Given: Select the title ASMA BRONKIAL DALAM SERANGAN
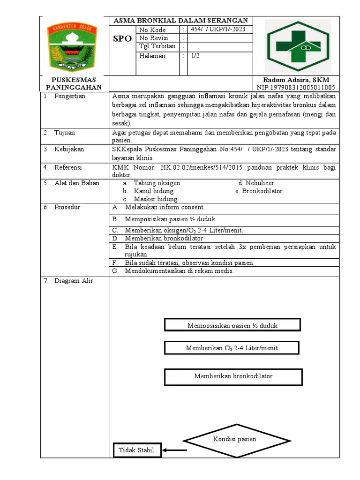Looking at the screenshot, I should [180, 21].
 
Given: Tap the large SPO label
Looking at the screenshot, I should [122, 39].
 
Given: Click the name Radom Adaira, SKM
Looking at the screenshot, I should [296, 80].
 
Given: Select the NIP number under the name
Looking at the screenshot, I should [296, 88].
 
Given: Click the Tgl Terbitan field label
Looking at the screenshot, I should [157, 46].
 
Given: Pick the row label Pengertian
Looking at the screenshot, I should [69, 96].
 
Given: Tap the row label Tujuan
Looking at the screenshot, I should [65, 133].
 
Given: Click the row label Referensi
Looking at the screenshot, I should [68, 167].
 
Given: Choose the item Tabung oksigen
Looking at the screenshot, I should [157, 183].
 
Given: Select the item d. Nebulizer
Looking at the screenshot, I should [256, 183].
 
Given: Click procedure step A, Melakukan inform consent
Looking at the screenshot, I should [165, 207].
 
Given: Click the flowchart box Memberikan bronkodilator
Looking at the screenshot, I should [233, 376].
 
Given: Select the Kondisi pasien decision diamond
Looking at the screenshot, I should [234, 440].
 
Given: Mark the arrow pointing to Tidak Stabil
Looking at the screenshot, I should [174, 450].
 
